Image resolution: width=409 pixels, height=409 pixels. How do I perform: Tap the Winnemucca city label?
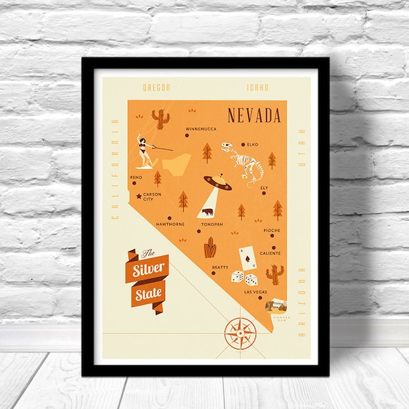(202, 129)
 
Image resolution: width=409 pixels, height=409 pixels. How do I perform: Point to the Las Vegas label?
(255, 292)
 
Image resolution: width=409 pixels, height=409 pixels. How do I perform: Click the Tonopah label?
(212, 224)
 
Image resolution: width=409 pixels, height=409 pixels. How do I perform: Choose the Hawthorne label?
(171, 224)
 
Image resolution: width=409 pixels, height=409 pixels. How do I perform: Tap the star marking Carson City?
(138, 195)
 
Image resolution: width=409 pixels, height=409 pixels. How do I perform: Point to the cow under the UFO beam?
(207, 212)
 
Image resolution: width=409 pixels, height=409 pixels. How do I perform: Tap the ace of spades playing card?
(246, 258)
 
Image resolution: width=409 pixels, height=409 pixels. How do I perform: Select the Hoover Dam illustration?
(276, 305)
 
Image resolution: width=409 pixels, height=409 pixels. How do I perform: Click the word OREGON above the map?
(156, 88)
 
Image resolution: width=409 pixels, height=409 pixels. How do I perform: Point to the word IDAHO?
(257, 88)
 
